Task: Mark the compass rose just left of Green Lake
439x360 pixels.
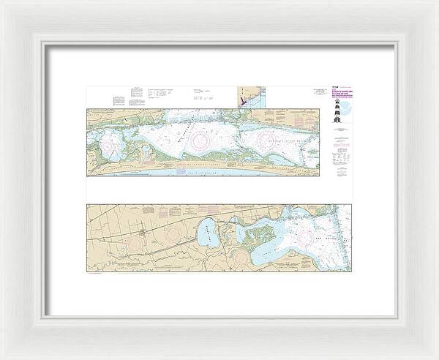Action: point(174,235)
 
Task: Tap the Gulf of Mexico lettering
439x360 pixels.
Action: point(192,173)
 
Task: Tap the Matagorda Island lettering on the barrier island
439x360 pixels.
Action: point(198,163)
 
